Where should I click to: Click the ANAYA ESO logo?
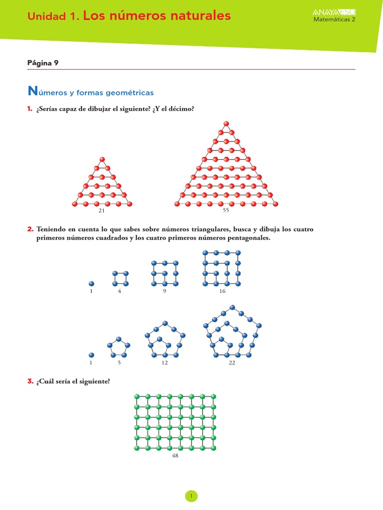pos(334,12)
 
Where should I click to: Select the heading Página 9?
pos(43,63)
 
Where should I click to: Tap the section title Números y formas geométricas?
pos(91,92)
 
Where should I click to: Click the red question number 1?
pos(30,109)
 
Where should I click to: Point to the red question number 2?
pos(30,229)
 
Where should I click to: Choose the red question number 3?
pos(30,382)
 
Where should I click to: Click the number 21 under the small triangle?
pos(102,211)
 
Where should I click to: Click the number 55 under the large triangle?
pos(225,211)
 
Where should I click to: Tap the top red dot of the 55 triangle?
pos(226,123)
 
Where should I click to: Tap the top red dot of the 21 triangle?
pos(102,159)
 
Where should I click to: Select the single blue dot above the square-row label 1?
pos(91,283)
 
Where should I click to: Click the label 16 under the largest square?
pos(222,291)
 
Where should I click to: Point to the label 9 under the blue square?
pos(164,291)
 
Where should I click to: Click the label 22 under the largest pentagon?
pos(232,363)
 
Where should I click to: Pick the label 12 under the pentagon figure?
pos(164,363)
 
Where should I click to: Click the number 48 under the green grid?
pos(175,456)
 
